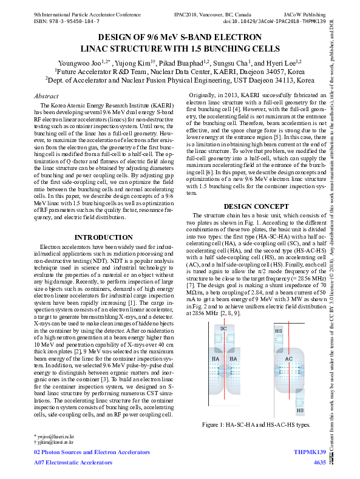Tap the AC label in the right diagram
(x=288, y=359)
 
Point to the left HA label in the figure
(x=216, y=359)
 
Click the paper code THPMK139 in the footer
(x=310, y=453)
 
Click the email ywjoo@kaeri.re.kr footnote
(x=55, y=437)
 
